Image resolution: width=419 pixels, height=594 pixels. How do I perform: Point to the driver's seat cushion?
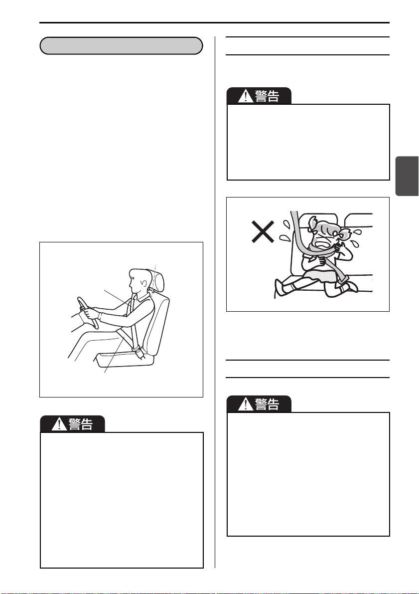click(x=125, y=359)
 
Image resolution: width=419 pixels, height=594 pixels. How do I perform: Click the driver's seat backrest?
click(x=158, y=326)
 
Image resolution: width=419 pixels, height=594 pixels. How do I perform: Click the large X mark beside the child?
click(x=263, y=231)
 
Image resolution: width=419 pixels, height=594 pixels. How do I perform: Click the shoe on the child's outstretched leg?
click(x=280, y=288)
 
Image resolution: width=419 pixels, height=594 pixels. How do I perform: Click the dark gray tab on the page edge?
click(x=407, y=176)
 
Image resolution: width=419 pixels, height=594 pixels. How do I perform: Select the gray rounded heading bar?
click(x=121, y=46)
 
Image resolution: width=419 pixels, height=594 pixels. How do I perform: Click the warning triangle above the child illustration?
click(x=245, y=96)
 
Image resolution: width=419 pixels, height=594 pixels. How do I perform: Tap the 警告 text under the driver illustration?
click(x=81, y=424)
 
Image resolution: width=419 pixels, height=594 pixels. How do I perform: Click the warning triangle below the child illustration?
click(x=245, y=404)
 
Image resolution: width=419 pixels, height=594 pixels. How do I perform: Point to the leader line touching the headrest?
click(x=154, y=278)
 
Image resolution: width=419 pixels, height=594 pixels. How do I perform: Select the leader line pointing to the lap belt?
click(x=114, y=354)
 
